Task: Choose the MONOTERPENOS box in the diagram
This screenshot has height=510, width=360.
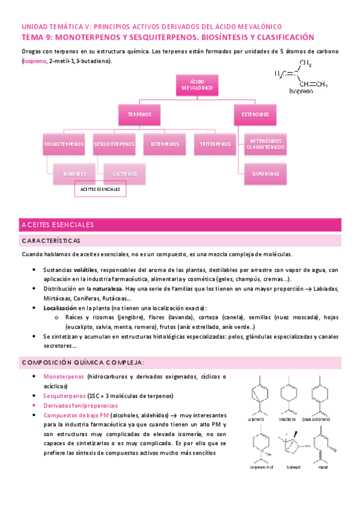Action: pyautogui.click(x=63, y=144)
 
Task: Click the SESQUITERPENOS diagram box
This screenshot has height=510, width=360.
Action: pyautogui.click(x=114, y=144)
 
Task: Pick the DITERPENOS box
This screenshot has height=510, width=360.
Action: pyautogui.click(x=164, y=144)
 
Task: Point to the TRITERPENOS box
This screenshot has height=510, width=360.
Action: pyautogui.click(x=215, y=144)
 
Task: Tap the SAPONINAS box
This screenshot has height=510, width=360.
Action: pyautogui.click(x=264, y=173)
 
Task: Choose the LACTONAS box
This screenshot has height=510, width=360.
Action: pyautogui.click(x=124, y=173)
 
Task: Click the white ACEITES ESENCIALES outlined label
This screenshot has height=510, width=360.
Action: pyautogui.click(x=100, y=189)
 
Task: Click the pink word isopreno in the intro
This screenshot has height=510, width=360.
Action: pyautogui.click(x=35, y=62)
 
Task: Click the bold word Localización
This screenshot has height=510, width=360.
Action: pyautogui.click(x=61, y=307)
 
